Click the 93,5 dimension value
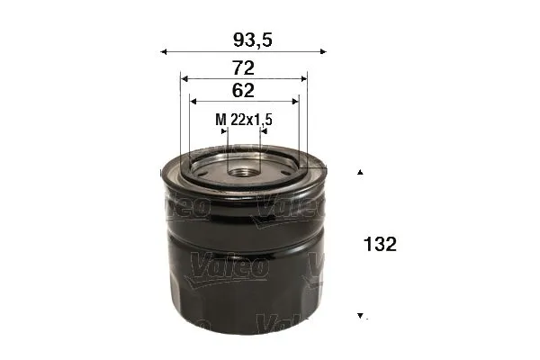[x=245, y=39]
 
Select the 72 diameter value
[x=244, y=67]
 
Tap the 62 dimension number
[x=243, y=90]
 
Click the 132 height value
[x=380, y=244]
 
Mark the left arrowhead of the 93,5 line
[x=164, y=52]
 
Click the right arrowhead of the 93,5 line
[x=325, y=52]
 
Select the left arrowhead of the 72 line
[x=184, y=79]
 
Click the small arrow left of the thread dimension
[x=224, y=131]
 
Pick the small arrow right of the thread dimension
[x=264, y=131]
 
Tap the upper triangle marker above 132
[x=361, y=171]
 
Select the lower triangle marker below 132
[x=361, y=316]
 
